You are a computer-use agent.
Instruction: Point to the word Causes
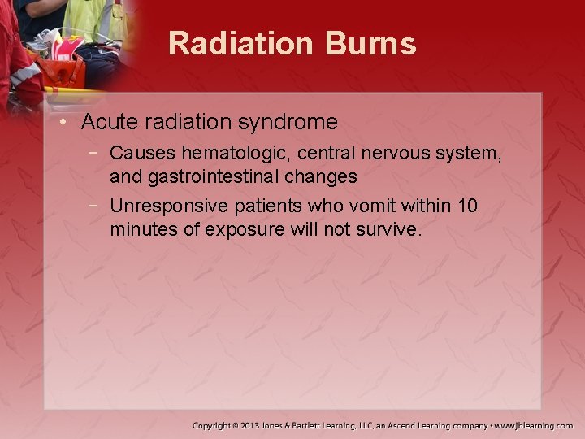143,153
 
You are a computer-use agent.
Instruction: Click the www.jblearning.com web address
535,425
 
